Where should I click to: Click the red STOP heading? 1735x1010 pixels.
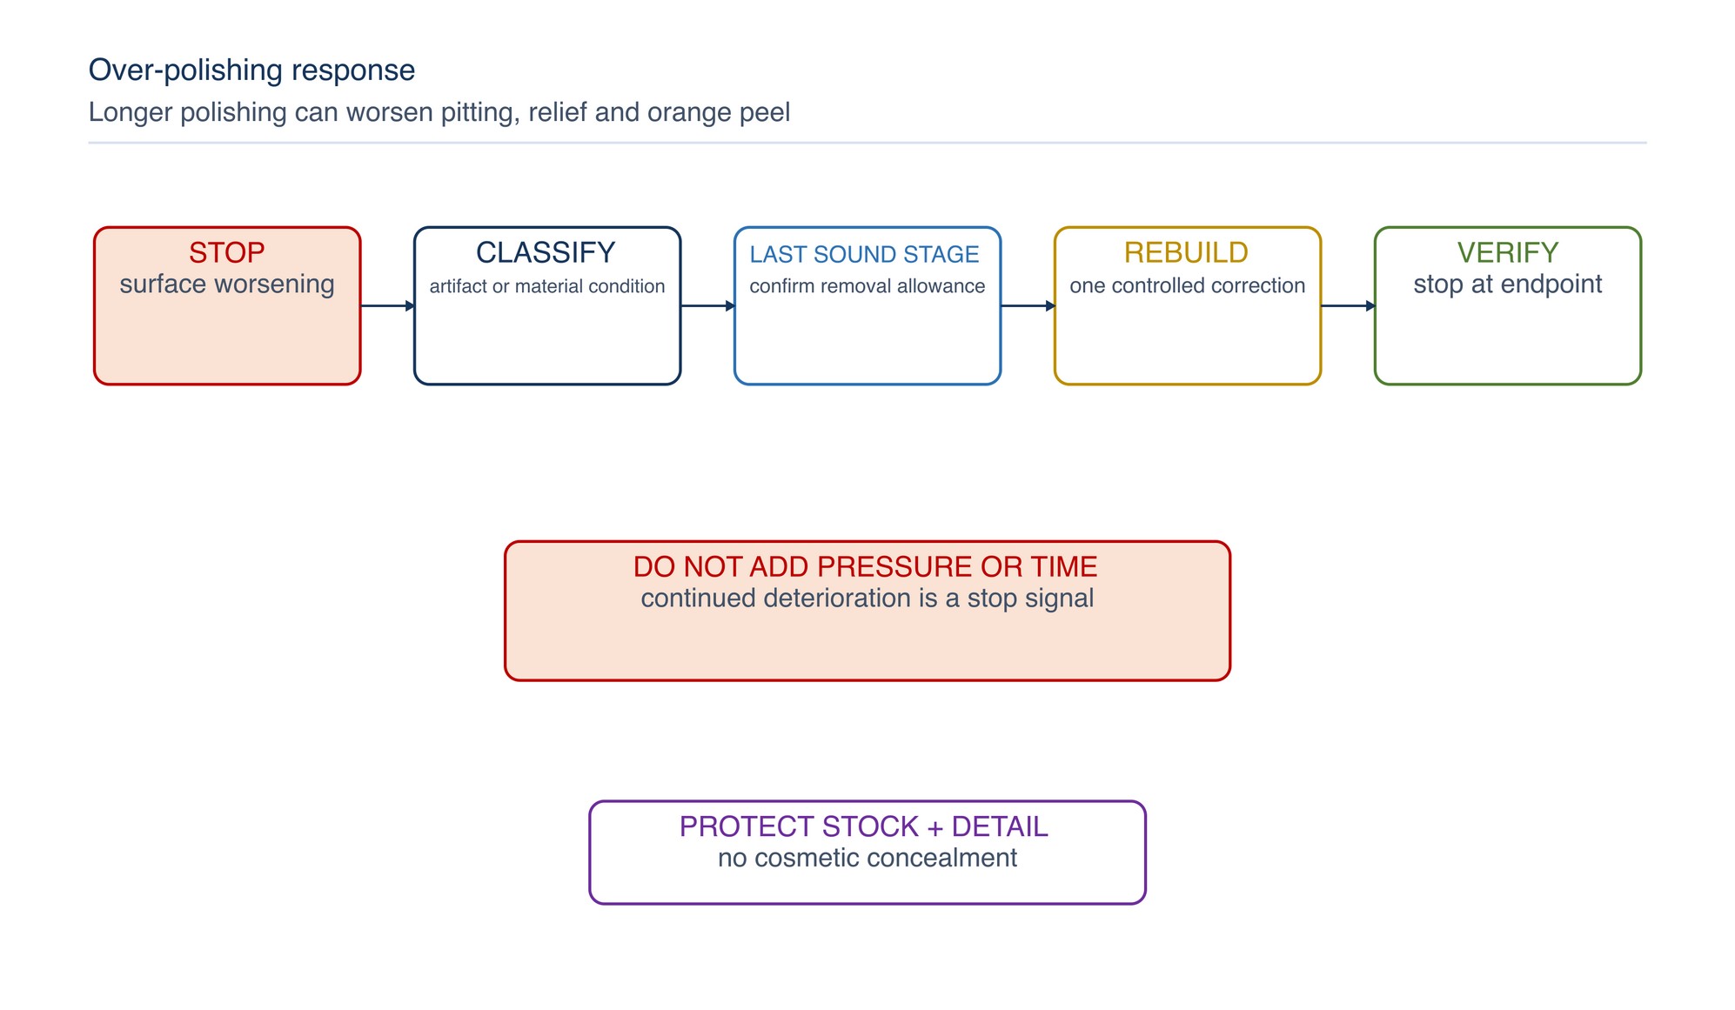click(x=226, y=252)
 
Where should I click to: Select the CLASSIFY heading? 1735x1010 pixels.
click(x=546, y=252)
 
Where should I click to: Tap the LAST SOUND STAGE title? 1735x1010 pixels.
click(x=864, y=254)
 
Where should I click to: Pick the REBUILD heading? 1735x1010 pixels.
click(x=1186, y=252)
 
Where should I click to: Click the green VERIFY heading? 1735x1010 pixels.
click(x=1508, y=252)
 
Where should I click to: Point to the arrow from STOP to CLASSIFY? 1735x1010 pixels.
click(x=387, y=306)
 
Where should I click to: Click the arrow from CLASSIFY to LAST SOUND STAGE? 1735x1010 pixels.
click(x=707, y=306)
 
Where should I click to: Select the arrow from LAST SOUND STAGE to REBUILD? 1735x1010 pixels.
click(x=1028, y=306)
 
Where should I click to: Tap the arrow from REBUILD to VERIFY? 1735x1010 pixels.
click(x=1348, y=306)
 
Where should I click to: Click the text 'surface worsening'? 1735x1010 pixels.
click(x=227, y=284)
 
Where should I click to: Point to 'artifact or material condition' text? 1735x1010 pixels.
click(x=547, y=286)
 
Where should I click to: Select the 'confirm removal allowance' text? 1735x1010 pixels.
click(x=867, y=286)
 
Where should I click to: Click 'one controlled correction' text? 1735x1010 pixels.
click(x=1188, y=285)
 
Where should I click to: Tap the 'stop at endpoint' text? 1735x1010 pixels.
click(x=1508, y=284)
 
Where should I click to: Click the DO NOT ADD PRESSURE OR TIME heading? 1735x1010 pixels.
click(x=866, y=566)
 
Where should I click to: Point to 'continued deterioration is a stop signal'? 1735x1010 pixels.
click(x=867, y=599)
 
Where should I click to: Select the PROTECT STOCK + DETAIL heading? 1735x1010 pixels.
click(x=864, y=826)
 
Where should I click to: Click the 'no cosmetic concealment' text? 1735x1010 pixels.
click(x=867, y=858)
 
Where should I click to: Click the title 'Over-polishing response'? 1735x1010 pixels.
click(x=252, y=70)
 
